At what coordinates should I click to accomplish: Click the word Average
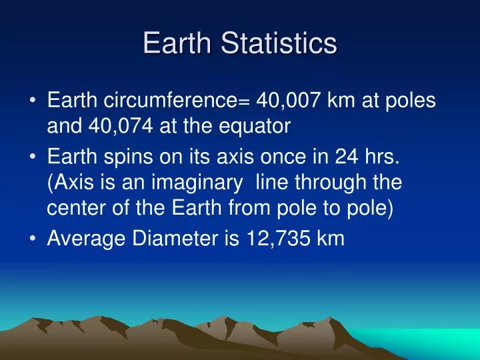(x=81, y=239)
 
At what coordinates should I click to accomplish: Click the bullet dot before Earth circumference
(x=33, y=101)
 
